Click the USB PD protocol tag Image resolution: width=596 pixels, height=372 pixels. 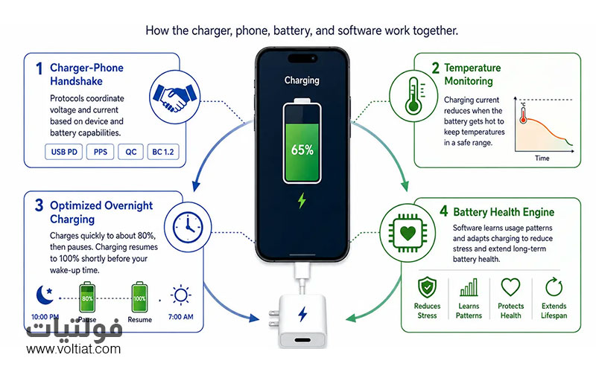[64, 152]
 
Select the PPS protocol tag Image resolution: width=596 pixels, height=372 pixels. [101, 152]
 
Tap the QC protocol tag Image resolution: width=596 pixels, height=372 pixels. [131, 152]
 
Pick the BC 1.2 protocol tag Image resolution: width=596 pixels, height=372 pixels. [163, 152]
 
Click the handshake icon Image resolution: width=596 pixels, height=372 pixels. [175, 97]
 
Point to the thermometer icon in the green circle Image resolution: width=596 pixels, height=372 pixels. [414, 96]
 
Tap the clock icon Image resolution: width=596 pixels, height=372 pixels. [188, 228]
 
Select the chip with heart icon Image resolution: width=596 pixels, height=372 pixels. [408, 233]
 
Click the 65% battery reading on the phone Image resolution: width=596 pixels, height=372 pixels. [302, 150]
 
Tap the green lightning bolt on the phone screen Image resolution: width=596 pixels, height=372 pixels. [302, 201]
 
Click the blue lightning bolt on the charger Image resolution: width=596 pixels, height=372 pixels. [302, 314]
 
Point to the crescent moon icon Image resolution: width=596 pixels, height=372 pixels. [45, 295]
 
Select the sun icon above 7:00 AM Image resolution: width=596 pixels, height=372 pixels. [180, 295]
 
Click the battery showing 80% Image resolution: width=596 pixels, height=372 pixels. [87, 297]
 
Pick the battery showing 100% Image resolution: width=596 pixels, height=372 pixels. [139, 297]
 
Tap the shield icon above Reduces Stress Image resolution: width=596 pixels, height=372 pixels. [427, 287]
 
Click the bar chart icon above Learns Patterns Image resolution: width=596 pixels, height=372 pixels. [469, 287]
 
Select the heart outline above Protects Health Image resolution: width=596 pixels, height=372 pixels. [510, 287]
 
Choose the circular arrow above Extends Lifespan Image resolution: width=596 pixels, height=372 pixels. [554, 287]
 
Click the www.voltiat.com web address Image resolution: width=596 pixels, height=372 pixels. [73, 349]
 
